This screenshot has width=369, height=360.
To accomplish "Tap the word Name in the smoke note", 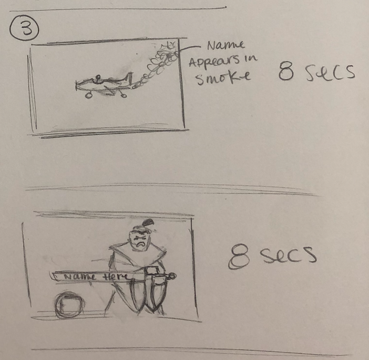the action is point(225,45).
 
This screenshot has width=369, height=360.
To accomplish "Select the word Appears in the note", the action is point(212,63).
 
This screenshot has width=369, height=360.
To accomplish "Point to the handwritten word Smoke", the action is point(223,78).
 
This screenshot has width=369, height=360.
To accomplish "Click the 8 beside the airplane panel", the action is point(286,72).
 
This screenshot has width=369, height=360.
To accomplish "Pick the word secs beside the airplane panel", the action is point(330,73).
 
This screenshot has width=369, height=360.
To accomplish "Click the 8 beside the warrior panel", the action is point(239,256).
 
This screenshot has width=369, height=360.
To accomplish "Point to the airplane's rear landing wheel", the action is point(124,95).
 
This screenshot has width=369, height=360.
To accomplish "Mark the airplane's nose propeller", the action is point(77,85).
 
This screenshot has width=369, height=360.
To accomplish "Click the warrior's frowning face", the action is point(140,240).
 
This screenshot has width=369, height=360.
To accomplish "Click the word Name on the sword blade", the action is point(80,277).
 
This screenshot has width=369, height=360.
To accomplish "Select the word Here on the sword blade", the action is point(116,277).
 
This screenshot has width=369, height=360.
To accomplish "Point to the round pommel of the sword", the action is point(172,275).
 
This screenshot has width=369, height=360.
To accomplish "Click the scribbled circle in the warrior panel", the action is point(69,305).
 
